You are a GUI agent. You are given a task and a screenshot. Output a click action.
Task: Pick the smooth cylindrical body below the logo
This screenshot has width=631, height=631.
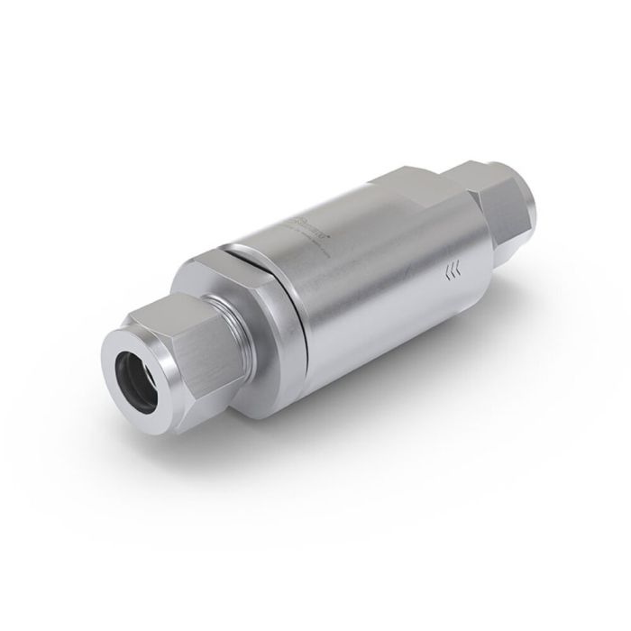click(x=379, y=288)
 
